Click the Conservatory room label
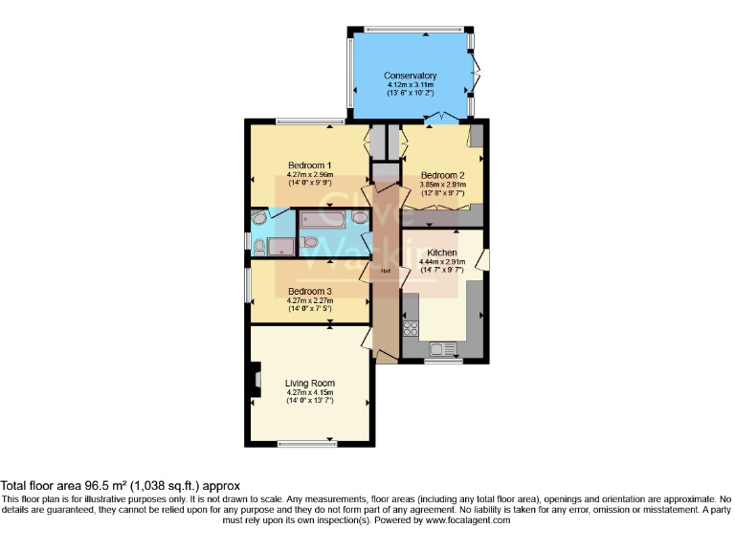point(410,76)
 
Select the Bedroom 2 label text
point(442,175)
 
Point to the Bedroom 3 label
point(309,291)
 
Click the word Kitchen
point(442,252)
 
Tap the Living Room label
point(309,383)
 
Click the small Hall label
point(386,271)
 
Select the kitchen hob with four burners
point(412,328)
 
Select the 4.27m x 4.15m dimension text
point(309,392)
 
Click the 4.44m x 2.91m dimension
point(442,261)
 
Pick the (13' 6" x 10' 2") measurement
point(410,94)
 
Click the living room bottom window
point(307,443)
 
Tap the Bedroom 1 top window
point(310,121)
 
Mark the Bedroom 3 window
point(248,285)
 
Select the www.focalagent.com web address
point(467,520)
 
